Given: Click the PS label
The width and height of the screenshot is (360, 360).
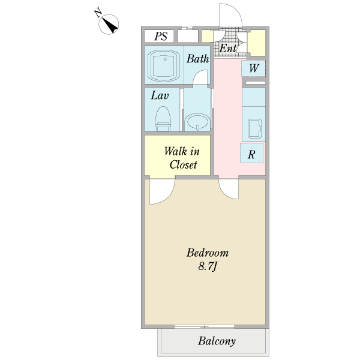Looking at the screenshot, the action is point(161,36).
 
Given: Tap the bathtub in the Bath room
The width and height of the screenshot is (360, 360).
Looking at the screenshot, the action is point(164,65).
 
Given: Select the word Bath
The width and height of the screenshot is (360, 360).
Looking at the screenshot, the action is point(197,59).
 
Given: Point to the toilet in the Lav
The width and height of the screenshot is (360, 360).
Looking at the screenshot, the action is point(163,118).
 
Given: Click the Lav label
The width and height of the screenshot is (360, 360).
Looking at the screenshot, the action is point(160,95).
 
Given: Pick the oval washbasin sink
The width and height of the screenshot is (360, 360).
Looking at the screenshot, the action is point(197,122).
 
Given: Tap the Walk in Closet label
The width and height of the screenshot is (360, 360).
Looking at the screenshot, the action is point(182,158).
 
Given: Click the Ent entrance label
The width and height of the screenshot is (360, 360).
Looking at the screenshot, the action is point(228,48).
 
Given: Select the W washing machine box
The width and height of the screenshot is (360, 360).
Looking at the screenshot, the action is point(253,68).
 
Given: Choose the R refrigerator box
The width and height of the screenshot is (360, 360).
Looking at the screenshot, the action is point(251,153).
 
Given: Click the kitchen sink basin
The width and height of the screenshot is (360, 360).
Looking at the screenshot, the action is point(254,129).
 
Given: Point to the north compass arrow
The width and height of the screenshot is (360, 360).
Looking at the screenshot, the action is point(109,25).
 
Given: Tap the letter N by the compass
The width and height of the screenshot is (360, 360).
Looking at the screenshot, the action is point(98,13).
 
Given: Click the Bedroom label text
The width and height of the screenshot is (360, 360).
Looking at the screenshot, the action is point(208,253).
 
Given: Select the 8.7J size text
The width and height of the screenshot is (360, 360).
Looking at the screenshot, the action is point(208,266).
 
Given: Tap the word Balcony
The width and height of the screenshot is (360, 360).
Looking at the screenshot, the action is point(217,341).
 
